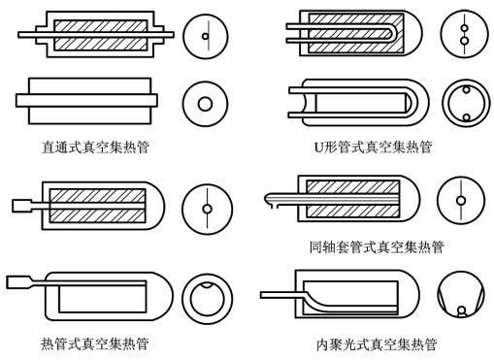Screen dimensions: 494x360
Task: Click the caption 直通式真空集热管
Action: tap(96, 147)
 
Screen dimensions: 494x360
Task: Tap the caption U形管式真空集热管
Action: tap(374, 147)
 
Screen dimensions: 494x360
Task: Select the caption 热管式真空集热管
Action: tap(95, 344)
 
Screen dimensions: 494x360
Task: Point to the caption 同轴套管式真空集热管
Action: tap(377, 247)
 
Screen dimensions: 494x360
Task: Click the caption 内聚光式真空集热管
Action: tap(377, 344)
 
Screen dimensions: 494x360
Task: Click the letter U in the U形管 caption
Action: tap(319, 147)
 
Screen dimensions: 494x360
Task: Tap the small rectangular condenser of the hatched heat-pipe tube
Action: tap(22, 206)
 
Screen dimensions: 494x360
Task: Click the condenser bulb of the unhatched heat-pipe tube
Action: tap(18, 282)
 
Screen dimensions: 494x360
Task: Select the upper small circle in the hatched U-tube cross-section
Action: tap(465, 28)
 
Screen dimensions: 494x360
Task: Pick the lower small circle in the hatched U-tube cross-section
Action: tap(465, 41)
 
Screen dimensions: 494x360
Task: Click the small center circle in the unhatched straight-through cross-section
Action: tap(205, 104)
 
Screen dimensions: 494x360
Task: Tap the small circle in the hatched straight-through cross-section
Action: tap(205, 36)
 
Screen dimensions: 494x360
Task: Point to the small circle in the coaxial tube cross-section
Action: tap(461, 201)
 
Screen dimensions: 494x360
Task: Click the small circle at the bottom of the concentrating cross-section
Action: tap(462, 311)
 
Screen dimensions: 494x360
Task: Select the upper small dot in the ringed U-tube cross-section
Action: tap(466, 89)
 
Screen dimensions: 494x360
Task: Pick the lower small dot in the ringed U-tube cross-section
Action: tap(466, 117)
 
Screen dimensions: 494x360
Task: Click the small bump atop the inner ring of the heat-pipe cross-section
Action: tap(207, 285)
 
